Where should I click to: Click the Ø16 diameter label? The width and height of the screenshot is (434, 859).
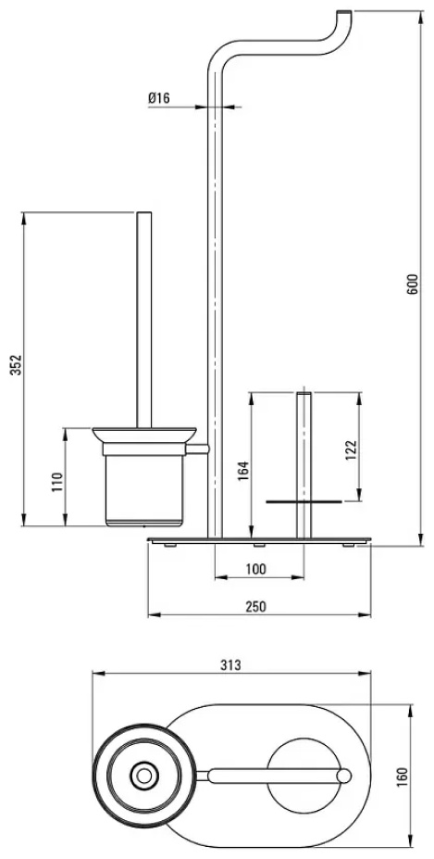point(159,98)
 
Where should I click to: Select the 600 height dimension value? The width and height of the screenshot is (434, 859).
point(414,284)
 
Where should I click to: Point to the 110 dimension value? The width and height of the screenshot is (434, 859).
point(57,482)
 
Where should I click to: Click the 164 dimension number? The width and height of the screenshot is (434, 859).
point(244,471)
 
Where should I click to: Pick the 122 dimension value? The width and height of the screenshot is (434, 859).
point(352,450)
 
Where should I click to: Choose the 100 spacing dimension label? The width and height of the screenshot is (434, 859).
point(256,569)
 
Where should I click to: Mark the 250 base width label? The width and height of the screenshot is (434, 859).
point(255,606)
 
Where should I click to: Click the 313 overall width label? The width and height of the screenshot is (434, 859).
point(231,665)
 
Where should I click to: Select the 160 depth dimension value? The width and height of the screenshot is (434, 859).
point(417,776)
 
